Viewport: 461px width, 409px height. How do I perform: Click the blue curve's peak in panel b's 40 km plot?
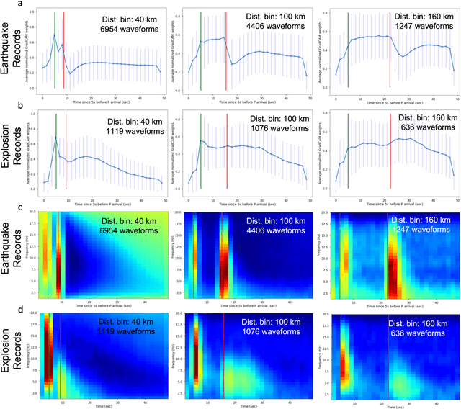(x=55, y=137)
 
